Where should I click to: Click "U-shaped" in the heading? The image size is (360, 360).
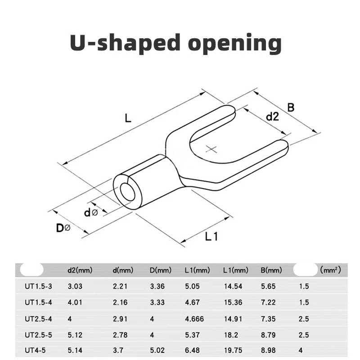click(117, 44)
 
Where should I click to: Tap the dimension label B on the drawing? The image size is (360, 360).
click(291, 108)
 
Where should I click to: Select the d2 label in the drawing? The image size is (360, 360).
click(272, 117)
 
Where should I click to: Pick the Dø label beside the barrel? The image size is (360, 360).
click(63, 228)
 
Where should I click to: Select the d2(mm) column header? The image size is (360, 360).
click(80, 270)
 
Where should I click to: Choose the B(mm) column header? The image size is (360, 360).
click(271, 270)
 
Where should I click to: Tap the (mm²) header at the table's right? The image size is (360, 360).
click(330, 270)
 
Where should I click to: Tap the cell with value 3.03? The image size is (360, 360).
click(75, 286)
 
